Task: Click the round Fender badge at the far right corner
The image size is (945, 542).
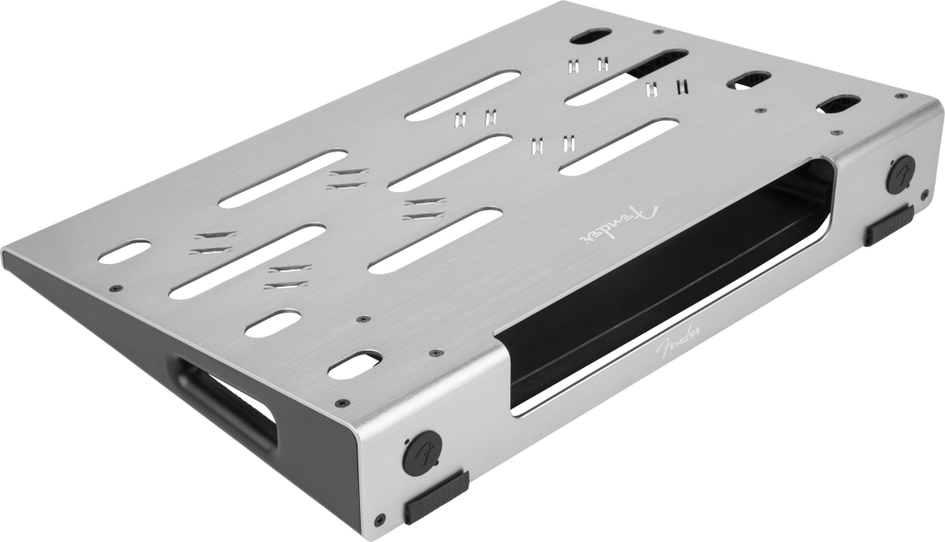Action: pos(901,174)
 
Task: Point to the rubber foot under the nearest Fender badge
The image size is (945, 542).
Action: pos(437,497)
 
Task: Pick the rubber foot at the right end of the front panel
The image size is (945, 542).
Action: pos(889,224)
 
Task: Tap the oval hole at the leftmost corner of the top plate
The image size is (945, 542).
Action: pos(124,251)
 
